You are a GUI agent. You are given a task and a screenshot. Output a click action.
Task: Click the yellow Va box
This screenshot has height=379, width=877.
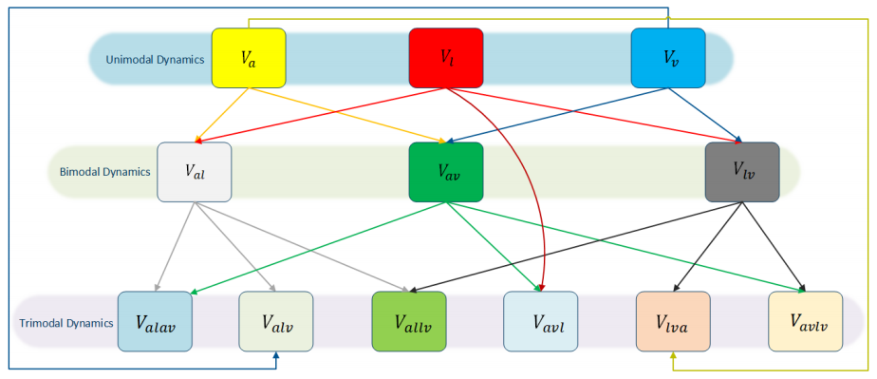pyautogui.click(x=249, y=58)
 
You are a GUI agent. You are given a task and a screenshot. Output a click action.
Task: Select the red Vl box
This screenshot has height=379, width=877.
pyautogui.click(x=446, y=58)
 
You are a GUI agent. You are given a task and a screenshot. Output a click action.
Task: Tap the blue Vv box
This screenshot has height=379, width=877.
pyautogui.click(x=668, y=58)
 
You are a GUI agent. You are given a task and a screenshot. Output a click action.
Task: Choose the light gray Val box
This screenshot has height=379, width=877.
pyautogui.click(x=194, y=172)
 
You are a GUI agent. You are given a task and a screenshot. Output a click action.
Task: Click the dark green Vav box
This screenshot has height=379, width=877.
pyautogui.click(x=446, y=172)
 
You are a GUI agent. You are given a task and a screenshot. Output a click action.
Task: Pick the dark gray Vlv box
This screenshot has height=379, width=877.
pyautogui.click(x=742, y=172)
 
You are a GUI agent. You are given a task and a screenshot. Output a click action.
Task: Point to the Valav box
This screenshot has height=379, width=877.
pyautogui.click(x=155, y=322)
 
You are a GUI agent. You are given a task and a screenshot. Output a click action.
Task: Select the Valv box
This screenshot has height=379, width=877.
pyautogui.click(x=275, y=322)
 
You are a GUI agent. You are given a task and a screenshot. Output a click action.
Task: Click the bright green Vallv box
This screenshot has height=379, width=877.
pyautogui.click(x=408, y=322)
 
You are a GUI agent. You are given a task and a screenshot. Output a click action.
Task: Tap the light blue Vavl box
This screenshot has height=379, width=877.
pyautogui.click(x=540, y=322)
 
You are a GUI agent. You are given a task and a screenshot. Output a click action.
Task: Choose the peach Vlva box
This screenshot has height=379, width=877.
pyautogui.click(x=672, y=322)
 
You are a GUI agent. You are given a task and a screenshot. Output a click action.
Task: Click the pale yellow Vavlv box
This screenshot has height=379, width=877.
pyautogui.click(x=805, y=322)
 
